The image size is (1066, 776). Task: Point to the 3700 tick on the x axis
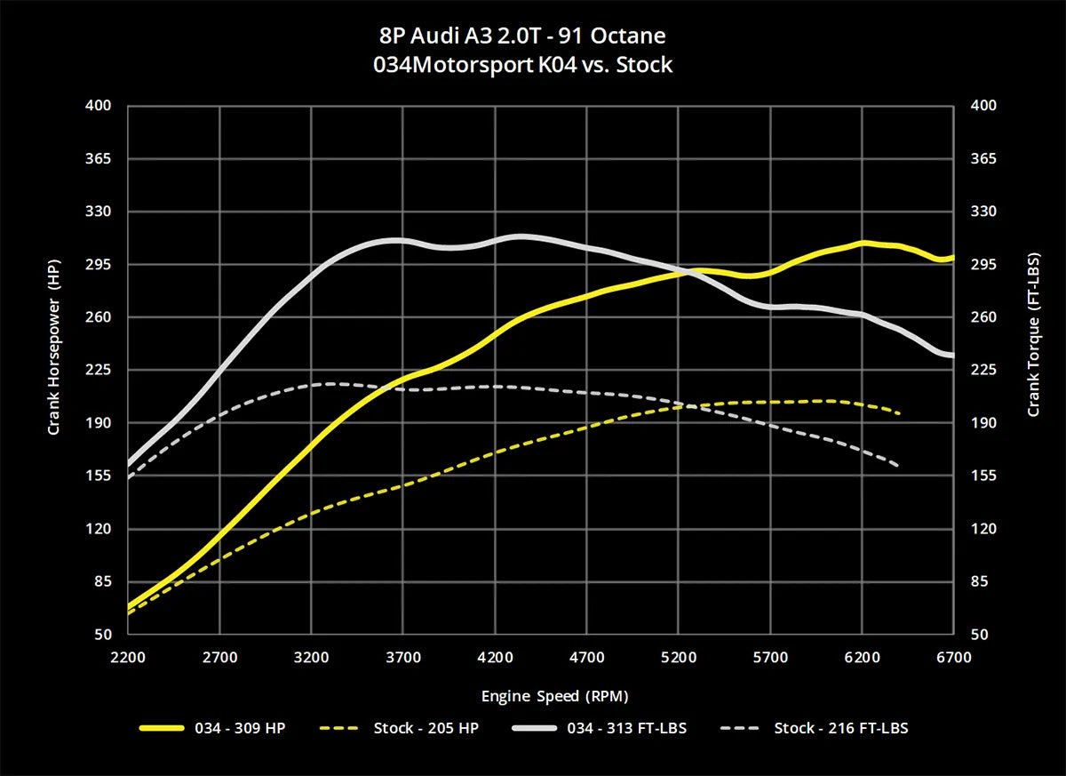(403, 658)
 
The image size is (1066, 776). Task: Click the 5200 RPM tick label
(679, 658)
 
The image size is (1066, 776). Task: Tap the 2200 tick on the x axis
(128, 658)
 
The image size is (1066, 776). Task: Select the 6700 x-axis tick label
(954, 658)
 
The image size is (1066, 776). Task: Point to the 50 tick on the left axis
(104, 635)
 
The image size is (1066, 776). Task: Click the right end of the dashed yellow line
(900, 413)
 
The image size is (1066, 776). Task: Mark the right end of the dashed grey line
(898, 465)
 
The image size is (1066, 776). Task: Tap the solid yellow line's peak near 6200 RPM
(861, 243)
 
